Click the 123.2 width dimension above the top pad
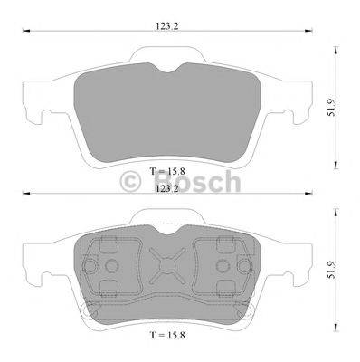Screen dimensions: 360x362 pos(167,26)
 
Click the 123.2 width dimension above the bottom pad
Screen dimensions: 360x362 pos(167,188)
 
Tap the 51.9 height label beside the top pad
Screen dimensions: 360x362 pos(331,108)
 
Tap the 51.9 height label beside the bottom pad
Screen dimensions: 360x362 pos(331,270)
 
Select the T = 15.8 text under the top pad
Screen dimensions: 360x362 pos(167,171)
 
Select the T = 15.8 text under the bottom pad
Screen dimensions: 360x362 pos(167,335)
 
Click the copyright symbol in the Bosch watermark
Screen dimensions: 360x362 pos(130,182)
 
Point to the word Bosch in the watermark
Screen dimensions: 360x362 pos(197,181)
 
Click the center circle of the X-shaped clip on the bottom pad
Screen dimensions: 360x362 pos(167,265)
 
